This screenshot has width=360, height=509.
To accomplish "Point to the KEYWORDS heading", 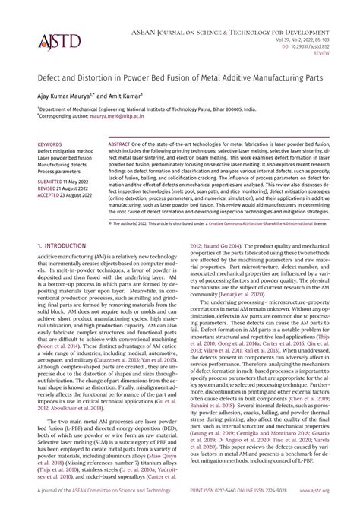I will pos(49,144).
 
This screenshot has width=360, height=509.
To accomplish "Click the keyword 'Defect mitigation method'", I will pos(66,150).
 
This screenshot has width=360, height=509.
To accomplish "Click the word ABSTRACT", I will pos(123,144).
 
